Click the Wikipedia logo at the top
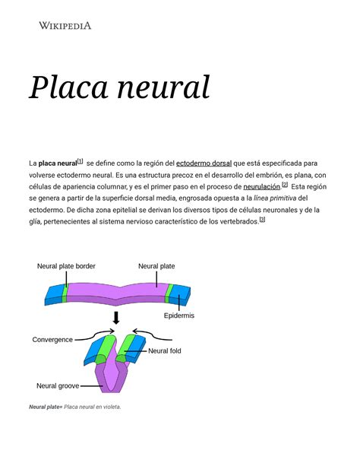click(x=65, y=26)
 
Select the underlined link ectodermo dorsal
click(x=204, y=163)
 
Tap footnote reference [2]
click(x=284, y=184)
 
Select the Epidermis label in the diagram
click(x=179, y=315)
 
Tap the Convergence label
click(x=52, y=339)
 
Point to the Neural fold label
click(x=165, y=350)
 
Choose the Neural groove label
click(x=58, y=385)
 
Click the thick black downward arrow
click(x=116, y=317)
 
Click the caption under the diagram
click(x=75, y=407)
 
